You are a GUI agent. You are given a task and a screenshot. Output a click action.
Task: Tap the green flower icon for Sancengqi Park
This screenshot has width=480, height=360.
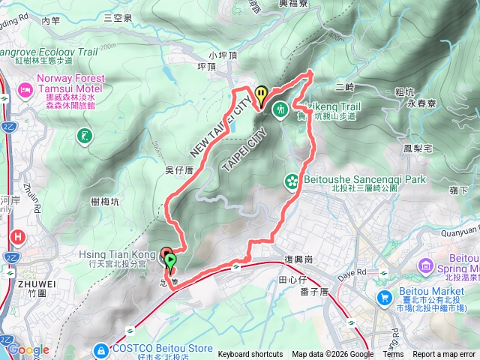[291, 181]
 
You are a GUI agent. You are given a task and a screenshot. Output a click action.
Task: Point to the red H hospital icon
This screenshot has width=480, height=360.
[17, 238]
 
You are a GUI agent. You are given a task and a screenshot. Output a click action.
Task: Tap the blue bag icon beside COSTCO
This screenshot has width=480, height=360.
[100, 349]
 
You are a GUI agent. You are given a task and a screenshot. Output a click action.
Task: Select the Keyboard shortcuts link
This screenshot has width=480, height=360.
[250, 355]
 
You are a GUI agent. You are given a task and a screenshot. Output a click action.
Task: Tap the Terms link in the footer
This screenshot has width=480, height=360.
[393, 355]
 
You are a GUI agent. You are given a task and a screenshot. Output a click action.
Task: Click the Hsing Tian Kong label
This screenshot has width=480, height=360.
[112, 255]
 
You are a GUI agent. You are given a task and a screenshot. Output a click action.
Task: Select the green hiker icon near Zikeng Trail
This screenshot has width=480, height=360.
[280, 109]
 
